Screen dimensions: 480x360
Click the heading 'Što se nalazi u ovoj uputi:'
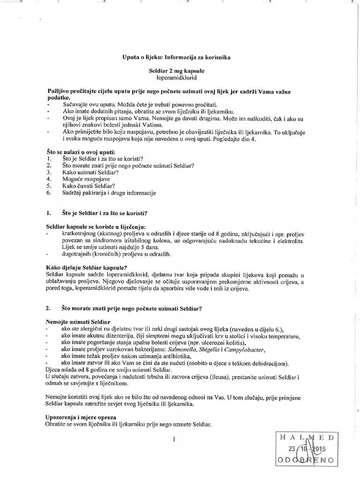click(x=81, y=153)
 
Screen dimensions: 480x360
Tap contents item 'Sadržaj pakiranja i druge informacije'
click(x=109, y=193)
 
